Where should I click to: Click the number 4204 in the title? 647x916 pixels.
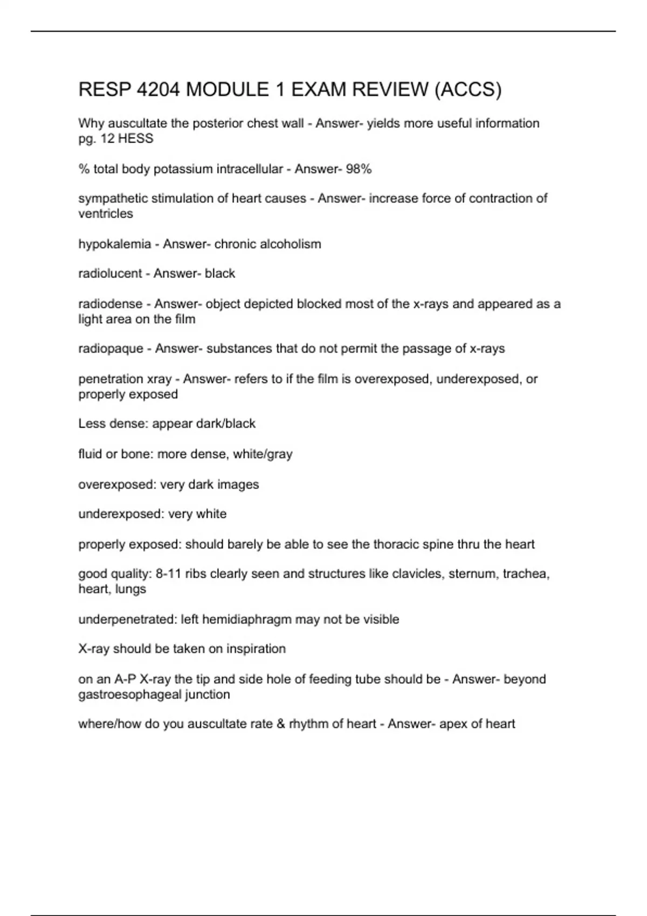[x=159, y=89]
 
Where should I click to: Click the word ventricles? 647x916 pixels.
[x=105, y=214]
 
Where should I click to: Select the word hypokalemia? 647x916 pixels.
[x=114, y=244]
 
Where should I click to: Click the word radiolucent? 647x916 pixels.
[x=110, y=274]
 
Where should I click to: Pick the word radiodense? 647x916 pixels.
[x=111, y=304]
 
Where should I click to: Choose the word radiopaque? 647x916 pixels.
[x=111, y=349]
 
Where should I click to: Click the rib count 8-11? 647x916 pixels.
[x=168, y=574]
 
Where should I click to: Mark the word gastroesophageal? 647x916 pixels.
[x=129, y=695]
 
